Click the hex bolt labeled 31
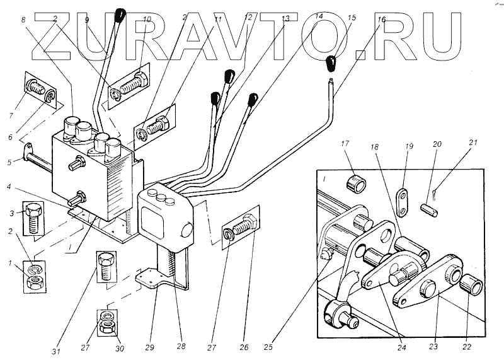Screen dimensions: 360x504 click(x=105, y=265)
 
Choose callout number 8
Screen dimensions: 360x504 click(x=23, y=21)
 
